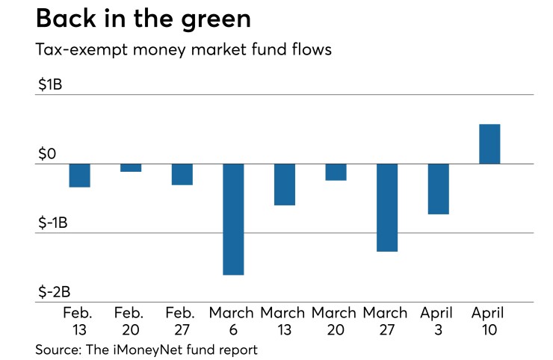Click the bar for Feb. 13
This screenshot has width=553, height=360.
[x=79, y=176]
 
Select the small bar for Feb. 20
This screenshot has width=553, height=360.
[x=131, y=168]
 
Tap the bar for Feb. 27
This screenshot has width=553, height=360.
[x=182, y=174]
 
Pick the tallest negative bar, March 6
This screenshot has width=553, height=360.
[x=233, y=219]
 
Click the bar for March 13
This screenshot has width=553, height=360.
[x=284, y=184]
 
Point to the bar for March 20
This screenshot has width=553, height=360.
[x=336, y=172]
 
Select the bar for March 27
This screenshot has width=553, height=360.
[x=387, y=208]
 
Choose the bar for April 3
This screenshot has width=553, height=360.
[x=438, y=189]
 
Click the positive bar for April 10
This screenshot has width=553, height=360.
[x=489, y=144]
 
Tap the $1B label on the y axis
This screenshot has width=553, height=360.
[x=50, y=85]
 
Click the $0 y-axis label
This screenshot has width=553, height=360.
[x=48, y=154]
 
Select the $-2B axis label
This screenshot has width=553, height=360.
[x=55, y=291]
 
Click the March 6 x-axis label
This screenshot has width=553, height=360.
[x=232, y=320]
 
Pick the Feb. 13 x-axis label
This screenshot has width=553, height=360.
[x=78, y=320]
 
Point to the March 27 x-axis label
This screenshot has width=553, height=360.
[x=386, y=320]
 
